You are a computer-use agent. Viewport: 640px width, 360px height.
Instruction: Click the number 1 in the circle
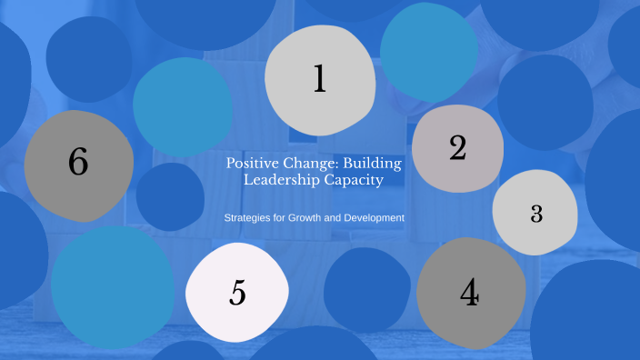(319, 79)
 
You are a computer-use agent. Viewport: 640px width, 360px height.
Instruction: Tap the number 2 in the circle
(457, 147)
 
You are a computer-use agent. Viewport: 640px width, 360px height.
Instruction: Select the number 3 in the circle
(536, 214)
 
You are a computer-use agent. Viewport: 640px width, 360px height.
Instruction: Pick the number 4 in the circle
(469, 293)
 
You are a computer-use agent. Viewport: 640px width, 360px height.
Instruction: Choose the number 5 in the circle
(237, 293)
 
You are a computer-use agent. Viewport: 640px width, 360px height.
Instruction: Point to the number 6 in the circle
(78, 163)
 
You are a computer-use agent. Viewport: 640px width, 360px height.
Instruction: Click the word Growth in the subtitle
(308, 218)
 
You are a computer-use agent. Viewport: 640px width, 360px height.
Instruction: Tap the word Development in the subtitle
(375, 218)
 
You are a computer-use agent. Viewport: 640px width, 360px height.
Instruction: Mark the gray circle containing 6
(79, 191)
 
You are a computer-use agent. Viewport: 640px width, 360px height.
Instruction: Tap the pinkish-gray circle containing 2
(457, 173)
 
